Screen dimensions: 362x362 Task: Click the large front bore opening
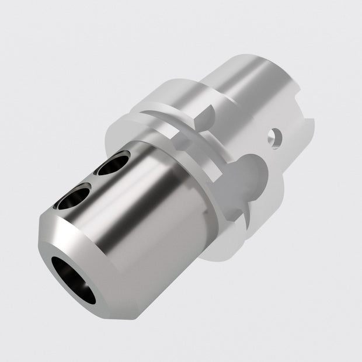73,279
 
